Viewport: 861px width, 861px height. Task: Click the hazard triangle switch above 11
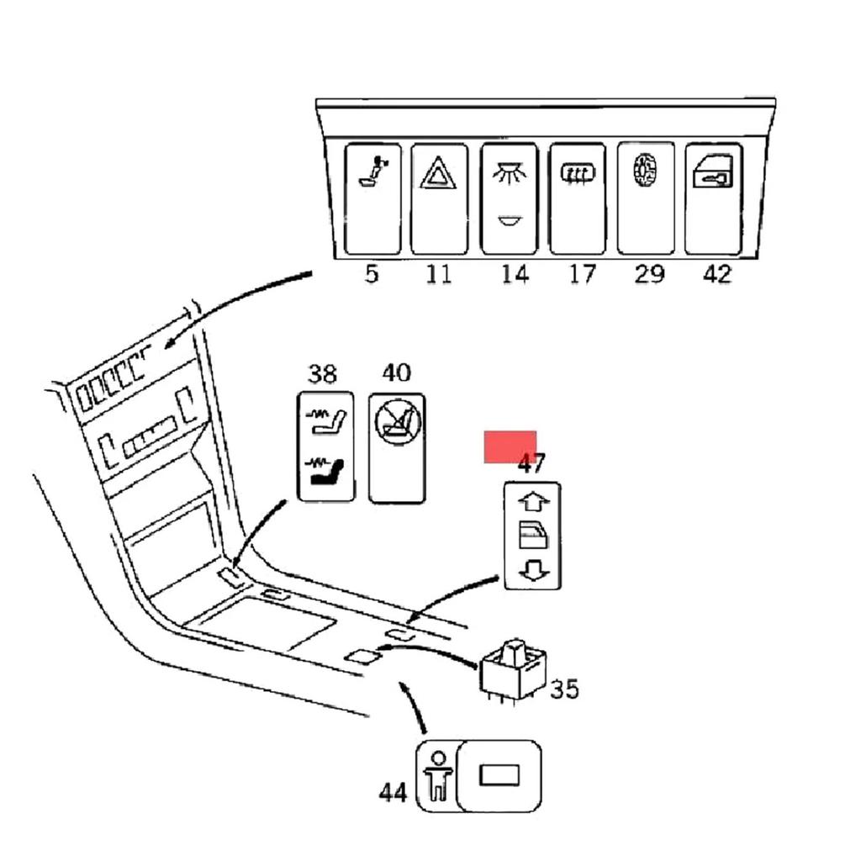(x=438, y=198)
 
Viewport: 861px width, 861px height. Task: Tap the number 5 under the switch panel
(x=372, y=274)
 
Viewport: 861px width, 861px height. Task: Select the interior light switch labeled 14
(x=508, y=198)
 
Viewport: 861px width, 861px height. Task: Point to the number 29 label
(x=648, y=274)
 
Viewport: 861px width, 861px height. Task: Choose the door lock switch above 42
(x=713, y=198)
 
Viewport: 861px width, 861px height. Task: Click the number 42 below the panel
(x=716, y=274)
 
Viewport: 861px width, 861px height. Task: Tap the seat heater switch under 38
(x=327, y=446)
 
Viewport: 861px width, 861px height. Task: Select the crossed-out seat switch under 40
(x=396, y=448)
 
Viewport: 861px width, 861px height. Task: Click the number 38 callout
(x=321, y=373)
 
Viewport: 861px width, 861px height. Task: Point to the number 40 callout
(x=396, y=372)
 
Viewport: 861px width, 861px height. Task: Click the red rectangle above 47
(x=510, y=446)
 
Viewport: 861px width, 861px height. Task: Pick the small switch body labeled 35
(x=514, y=669)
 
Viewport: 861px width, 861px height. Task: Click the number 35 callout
(x=564, y=689)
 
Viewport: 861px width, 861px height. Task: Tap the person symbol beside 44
(x=436, y=775)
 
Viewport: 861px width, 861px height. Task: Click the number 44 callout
(x=393, y=792)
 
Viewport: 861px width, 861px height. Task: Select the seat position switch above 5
(x=371, y=198)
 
